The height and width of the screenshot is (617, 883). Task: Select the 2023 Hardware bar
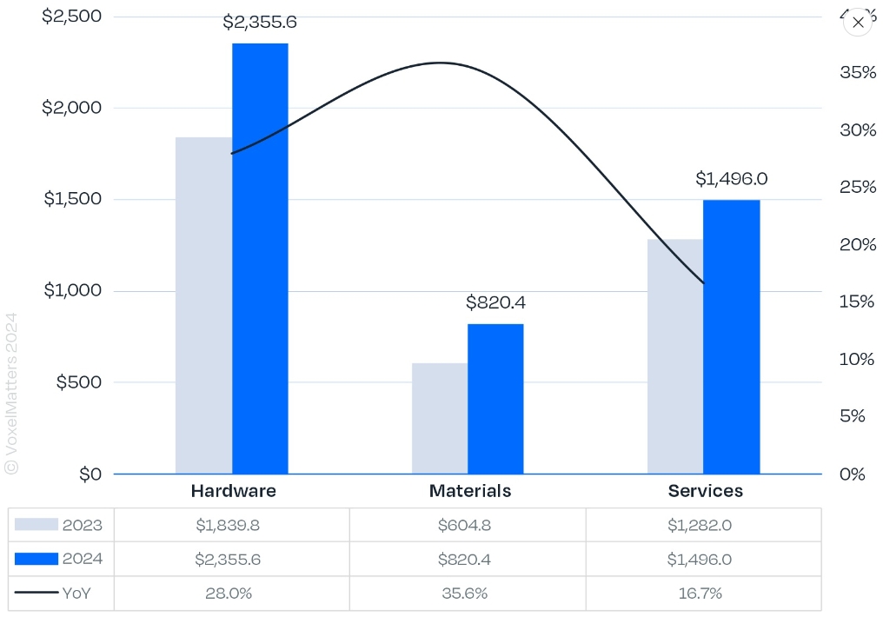(x=203, y=305)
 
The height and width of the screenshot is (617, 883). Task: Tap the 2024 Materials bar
(x=495, y=399)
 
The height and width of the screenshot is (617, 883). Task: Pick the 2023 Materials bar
(x=440, y=418)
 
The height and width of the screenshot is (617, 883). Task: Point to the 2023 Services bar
(x=675, y=356)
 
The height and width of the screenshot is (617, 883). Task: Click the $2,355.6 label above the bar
(x=260, y=23)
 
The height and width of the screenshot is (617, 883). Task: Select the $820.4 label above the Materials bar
(x=495, y=302)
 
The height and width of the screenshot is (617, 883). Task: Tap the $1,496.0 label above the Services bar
(x=731, y=179)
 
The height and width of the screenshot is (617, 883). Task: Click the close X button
(x=858, y=23)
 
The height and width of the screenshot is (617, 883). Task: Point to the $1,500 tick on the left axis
(x=72, y=199)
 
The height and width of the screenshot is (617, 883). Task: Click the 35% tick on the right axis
(x=858, y=72)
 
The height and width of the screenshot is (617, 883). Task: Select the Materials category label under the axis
(x=470, y=491)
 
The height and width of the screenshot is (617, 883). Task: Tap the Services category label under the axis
(x=705, y=491)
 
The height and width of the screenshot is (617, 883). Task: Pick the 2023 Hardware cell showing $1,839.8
(x=231, y=525)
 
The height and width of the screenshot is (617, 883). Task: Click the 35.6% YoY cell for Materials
(x=468, y=594)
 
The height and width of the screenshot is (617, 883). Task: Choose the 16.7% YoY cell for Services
(x=703, y=594)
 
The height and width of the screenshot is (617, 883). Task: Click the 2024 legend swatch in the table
(x=37, y=559)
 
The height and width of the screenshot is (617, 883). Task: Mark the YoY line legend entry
(x=52, y=594)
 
